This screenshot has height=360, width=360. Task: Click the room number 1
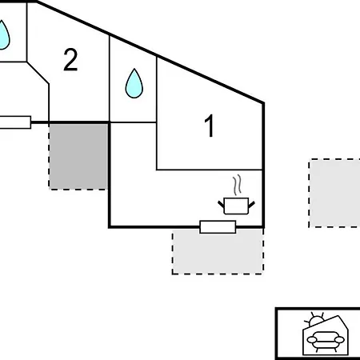click(210, 126)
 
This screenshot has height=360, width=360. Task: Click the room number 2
click(70, 59)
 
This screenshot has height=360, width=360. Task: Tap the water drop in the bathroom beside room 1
click(134, 83)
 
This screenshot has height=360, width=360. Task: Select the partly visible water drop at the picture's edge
click(4, 34)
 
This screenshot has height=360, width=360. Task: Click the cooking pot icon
click(236, 206)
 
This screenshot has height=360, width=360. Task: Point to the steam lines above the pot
click(237, 185)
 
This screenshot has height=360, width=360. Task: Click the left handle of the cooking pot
click(222, 204)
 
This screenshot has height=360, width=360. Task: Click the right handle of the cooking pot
click(251, 205)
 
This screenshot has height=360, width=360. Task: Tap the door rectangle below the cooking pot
click(218, 227)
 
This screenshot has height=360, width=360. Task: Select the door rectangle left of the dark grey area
click(15, 122)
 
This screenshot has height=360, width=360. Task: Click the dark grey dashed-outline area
click(78, 157)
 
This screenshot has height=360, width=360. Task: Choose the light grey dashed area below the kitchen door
click(218, 251)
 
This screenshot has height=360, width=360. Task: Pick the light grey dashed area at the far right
click(334, 194)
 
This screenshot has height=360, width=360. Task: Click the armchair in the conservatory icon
click(326, 340)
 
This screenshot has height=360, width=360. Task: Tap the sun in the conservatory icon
click(315, 319)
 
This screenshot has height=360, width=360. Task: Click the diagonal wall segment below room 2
click(38, 73)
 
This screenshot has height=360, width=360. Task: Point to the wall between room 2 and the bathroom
click(110, 78)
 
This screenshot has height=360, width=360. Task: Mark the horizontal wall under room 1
click(210, 170)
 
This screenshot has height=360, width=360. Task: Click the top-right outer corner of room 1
click(264, 102)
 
